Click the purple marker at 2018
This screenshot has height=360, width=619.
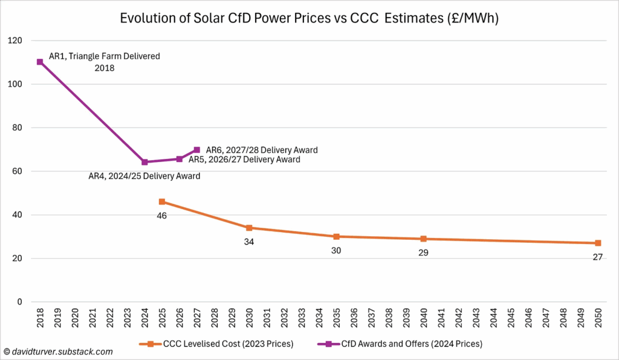(x=40, y=62)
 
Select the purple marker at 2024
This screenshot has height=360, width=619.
(x=144, y=162)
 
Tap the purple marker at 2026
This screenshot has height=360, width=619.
(x=180, y=159)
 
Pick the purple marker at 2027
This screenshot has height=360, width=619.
(x=197, y=150)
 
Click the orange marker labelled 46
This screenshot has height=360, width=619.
(x=162, y=202)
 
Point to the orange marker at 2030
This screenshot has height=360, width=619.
(x=249, y=228)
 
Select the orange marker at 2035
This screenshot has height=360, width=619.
(x=336, y=237)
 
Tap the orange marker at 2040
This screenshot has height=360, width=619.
(x=423, y=239)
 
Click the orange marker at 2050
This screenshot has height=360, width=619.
(x=597, y=243)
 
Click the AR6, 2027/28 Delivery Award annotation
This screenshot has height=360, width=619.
(x=262, y=150)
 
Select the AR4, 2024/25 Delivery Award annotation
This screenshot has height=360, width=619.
(x=144, y=176)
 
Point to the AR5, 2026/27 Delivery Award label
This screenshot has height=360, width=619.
(x=244, y=160)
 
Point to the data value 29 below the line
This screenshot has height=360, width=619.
(x=423, y=252)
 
